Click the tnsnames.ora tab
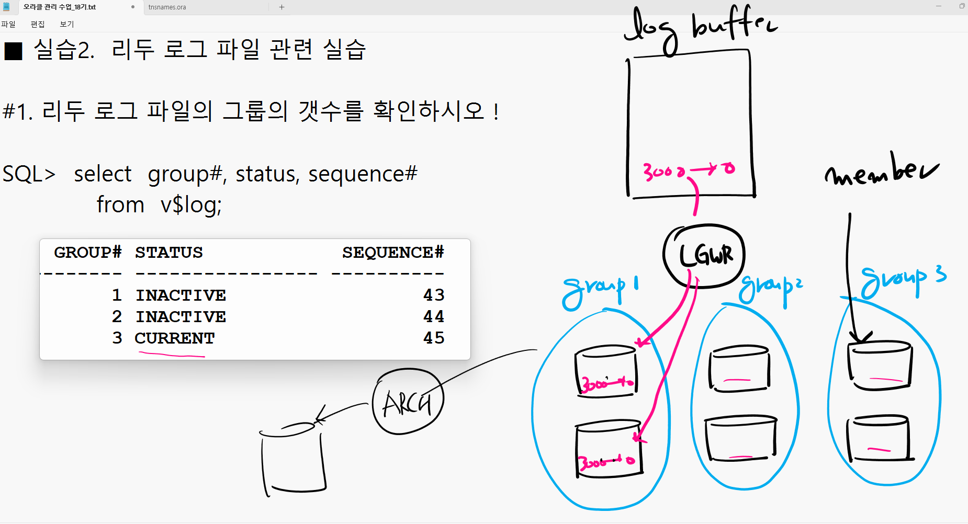pos(167,7)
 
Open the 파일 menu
pos(8,24)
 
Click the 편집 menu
pos(38,24)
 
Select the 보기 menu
pos(67,24)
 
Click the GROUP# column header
pos(88,253)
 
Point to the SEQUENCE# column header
pos(393,253)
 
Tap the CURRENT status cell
pos(175,338)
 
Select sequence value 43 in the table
pos(434,295)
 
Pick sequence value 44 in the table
pos(434,317)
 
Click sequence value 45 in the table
pos(434,338)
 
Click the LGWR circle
pos(704,256)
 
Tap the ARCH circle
pos(408,402)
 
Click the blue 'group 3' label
pos(903,280)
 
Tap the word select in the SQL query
pos(103,174)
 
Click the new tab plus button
pos(282,7)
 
